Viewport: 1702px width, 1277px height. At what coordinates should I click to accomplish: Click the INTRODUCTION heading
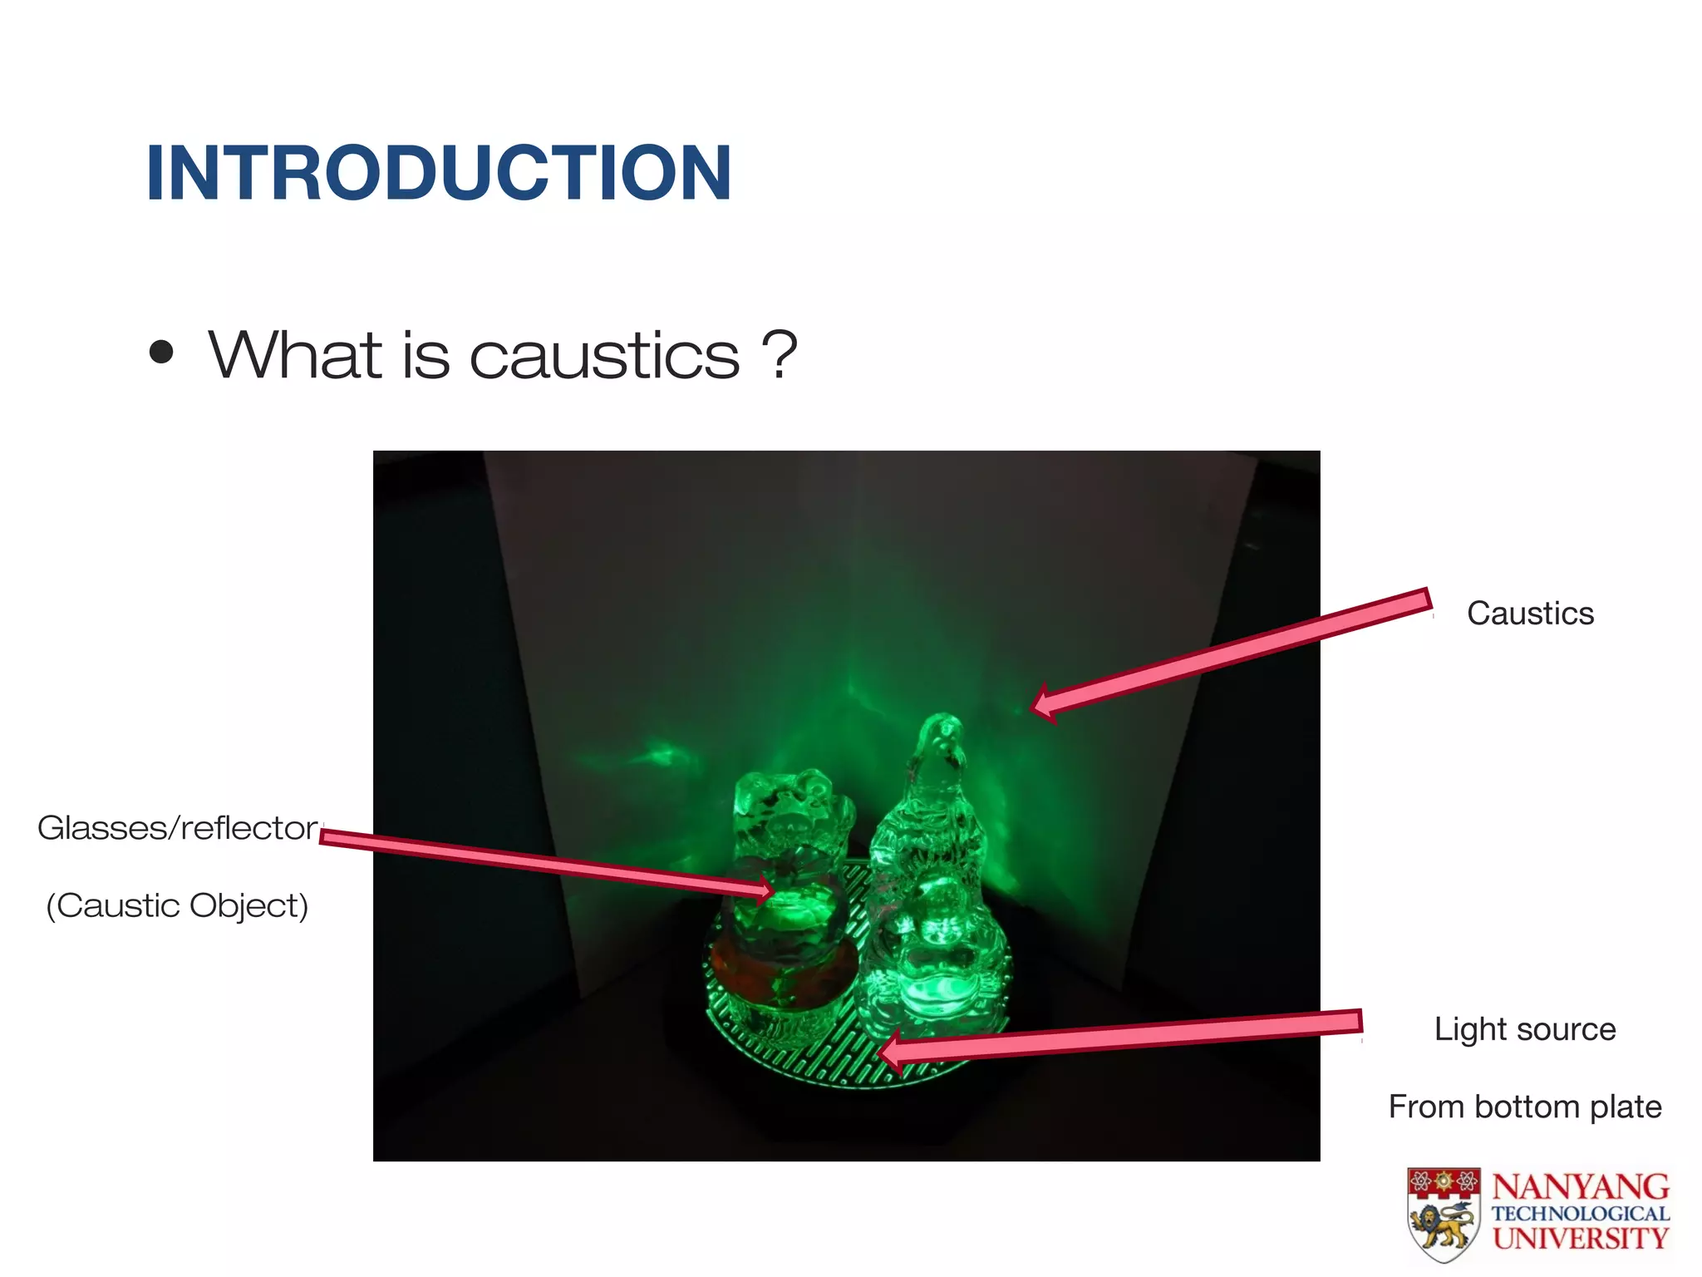(438, 173)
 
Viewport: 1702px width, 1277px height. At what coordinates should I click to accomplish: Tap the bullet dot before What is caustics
(161, 353)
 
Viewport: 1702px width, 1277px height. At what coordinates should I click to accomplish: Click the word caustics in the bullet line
(604, 356)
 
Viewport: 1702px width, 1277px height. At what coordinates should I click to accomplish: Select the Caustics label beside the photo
(1530, 614)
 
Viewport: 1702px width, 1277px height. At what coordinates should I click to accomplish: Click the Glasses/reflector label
(178, 828)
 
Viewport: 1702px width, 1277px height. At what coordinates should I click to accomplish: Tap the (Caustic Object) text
(177, 905)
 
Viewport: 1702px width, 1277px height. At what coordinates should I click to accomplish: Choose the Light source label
(1525, 1029)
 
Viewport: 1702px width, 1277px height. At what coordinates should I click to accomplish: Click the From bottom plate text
(1525, 1107)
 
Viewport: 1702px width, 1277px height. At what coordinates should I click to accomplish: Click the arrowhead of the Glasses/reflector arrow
(770, 892)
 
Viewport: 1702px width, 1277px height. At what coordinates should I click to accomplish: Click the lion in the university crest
(1444, 1227)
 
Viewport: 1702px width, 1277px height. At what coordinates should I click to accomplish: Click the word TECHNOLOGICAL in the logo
(1580, 1214)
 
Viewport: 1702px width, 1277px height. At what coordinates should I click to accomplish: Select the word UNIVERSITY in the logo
(1580, 1238)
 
